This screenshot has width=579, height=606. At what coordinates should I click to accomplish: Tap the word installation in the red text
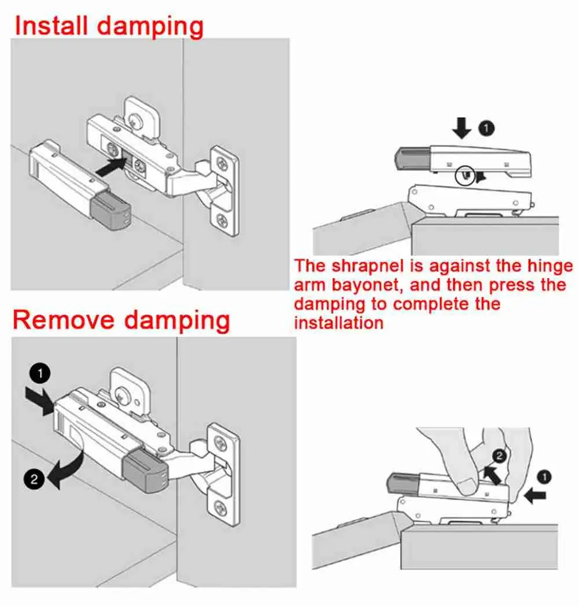click(339, 323)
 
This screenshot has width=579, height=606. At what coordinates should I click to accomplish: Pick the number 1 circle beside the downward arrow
click(488, 129)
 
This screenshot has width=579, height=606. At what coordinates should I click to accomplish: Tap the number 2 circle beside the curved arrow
click(34, 479)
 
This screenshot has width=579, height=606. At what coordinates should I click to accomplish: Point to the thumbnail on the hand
click(464, 485)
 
